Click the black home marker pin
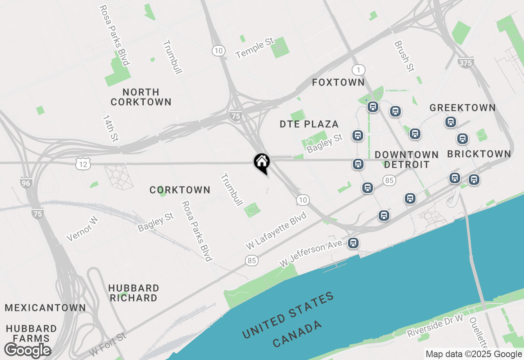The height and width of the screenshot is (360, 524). coord(262,162)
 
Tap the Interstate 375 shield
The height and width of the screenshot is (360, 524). coord(465,63)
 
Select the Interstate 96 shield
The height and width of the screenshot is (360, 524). coord(26,183)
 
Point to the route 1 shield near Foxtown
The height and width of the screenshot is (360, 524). coord(358,70)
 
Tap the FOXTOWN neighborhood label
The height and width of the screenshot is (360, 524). coord(338,83)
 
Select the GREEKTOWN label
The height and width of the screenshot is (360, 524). coord(463,108)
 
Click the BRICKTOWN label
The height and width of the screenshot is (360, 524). coord(479,154)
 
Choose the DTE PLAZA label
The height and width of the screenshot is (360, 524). coord(309,124)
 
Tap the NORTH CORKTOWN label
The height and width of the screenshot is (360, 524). coord(141,97)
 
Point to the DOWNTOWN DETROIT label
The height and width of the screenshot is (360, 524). coord(407,160)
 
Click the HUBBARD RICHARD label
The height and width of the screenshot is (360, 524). coord(133,293)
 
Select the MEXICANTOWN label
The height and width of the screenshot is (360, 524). coord(45,308)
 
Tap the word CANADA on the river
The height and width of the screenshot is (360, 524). coord(297,334)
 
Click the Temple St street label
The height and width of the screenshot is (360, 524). coord(254,48)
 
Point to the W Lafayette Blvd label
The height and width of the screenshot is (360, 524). coord(276,231)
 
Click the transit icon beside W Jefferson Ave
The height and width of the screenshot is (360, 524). coord(353,243)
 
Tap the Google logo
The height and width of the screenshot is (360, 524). coord(27,350)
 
